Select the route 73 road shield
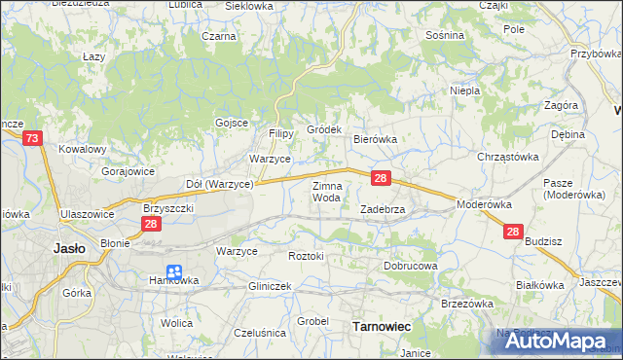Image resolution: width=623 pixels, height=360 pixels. (x=32, y=139)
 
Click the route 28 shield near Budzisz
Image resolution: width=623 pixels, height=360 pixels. (x=513, y=232)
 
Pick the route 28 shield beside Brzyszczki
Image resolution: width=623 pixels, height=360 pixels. (x=150, y=224)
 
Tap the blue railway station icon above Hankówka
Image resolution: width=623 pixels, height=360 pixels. (x=174, y=272)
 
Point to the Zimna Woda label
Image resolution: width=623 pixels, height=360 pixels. (x=326, y=191)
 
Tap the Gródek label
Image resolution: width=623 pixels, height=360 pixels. (x=324, y=128)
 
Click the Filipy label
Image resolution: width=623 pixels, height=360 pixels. (x=281, y=133)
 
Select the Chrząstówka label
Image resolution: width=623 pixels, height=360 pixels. (x=507, y=157)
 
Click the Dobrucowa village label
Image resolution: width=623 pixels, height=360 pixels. (x=410, y=265)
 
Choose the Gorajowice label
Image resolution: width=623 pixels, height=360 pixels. (x=128, y=170)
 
